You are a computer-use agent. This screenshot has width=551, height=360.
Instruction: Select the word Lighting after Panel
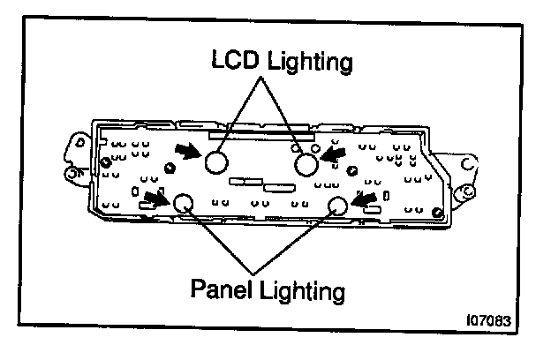(x=306, y=288)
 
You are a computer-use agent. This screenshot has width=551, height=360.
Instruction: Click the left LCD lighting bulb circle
(x=217, y=163)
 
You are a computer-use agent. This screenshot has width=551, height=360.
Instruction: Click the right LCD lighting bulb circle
(x=306, y=164)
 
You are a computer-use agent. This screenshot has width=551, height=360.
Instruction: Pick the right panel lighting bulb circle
(x=338, y=206)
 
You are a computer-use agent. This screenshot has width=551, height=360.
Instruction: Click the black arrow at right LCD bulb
(x=331, y=154)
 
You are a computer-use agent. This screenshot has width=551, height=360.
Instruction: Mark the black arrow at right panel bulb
(x=362, y=200)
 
